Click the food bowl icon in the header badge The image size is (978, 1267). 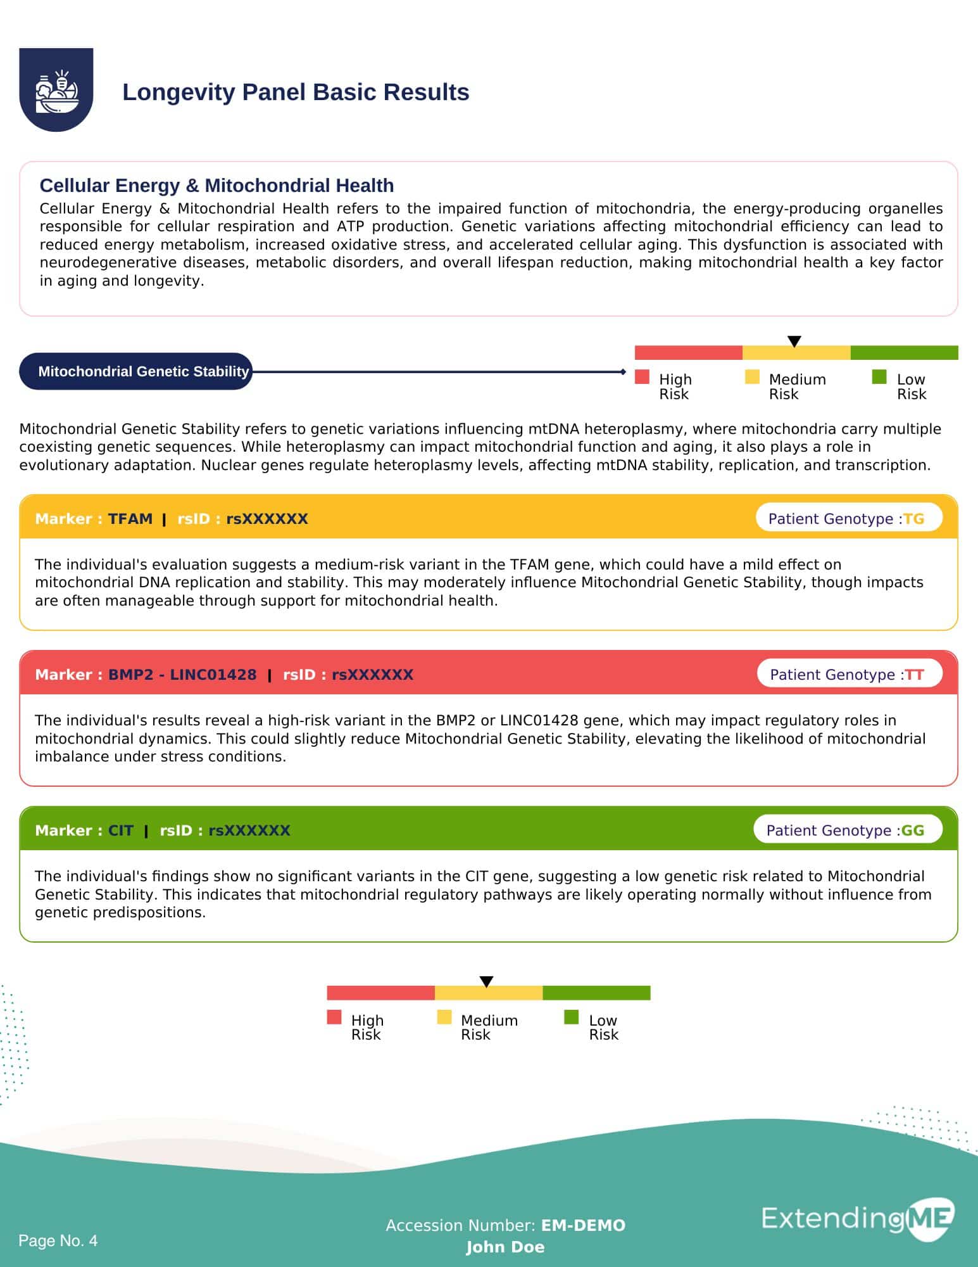coord(56,91)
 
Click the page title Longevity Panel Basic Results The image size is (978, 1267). coord(296,92)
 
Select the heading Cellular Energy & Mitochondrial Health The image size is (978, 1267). coord(216,185)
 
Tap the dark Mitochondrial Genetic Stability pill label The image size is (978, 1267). coord(136,371)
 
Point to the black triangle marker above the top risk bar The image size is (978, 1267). coord(794,341)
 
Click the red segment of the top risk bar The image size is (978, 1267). coord(688,353)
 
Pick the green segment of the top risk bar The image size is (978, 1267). coord(904,353)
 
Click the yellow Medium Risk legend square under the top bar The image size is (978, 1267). coord(752,377)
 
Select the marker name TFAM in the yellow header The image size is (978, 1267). coord(130,519)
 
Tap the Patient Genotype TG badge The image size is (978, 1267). coord(848,519)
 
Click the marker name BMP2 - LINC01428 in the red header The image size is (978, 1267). coord(182,675)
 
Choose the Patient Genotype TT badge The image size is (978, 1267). coord(849,675)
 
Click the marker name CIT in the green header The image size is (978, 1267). coord(120,831)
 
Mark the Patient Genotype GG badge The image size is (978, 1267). coord(847,831)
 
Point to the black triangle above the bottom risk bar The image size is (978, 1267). coord(486,982)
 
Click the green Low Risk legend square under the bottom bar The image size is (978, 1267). coord(571,1017)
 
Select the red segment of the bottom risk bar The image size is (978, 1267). coord(380,993)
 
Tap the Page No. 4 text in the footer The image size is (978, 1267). coord(58,1240)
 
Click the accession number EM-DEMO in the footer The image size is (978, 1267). coord(583,1225)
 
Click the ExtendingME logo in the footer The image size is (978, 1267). coord(858,1218)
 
